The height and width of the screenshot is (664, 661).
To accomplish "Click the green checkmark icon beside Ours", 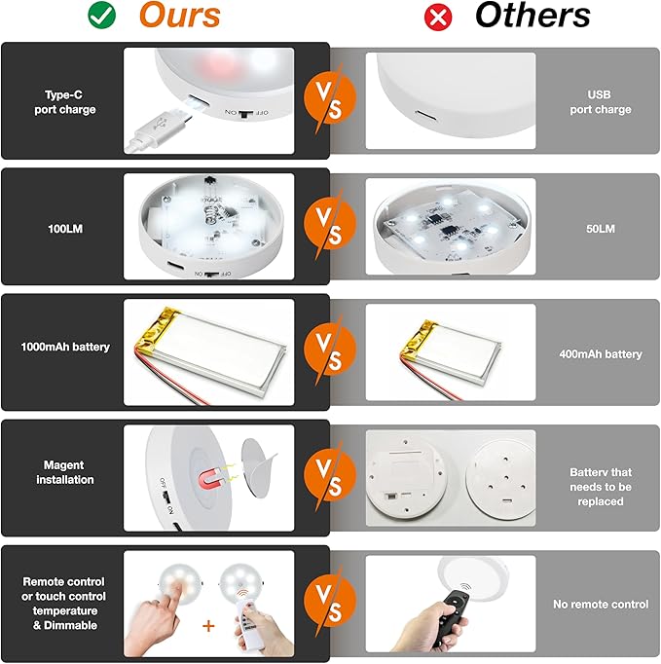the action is click(x=101, y=16).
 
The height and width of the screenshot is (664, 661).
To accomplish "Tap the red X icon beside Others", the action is click(x=438, y=18).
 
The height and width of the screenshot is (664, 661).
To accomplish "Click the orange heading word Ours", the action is click(x=180, y=15).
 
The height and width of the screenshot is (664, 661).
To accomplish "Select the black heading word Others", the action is click(x=532, y=16).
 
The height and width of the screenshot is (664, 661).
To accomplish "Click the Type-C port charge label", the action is click(x=65, y=102).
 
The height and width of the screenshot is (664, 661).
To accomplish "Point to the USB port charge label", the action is click(x=601, y=102).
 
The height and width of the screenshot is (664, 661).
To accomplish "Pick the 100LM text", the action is click(x=65, y=229).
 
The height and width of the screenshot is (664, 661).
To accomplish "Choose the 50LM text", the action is click(x=601, y=229).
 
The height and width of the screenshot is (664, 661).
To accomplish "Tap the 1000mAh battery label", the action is click(x=65, y=348).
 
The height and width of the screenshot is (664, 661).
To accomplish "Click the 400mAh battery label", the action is click(x=601, y=354).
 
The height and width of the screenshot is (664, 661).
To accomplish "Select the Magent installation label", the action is click(x=65, y=472).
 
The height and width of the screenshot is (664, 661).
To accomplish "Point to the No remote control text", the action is click(x=601, y=605).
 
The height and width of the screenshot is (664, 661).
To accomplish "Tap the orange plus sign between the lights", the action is click(x=208, y=626).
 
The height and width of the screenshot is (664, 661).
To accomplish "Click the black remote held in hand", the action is click(x=452, y=615).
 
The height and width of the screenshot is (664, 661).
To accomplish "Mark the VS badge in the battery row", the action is click(x=329, y=350).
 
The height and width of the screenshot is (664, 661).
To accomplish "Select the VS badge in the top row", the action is click(x=329, y=98).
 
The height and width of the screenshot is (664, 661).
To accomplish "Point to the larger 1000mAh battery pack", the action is click(x=210, y=350).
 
